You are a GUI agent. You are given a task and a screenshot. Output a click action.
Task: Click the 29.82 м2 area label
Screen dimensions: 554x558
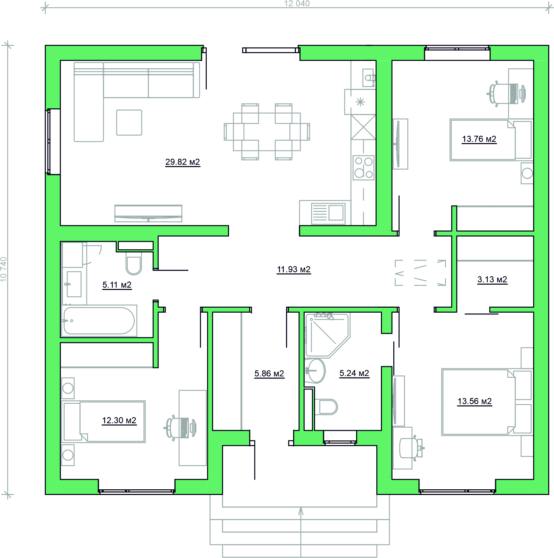(183, 162)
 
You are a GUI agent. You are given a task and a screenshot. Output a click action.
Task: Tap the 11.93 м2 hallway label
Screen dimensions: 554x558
(294, 269)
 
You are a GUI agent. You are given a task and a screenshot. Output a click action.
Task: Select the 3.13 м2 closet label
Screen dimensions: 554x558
(492, 279)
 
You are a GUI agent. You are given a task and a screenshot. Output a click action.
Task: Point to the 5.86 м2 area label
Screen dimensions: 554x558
(269, 374)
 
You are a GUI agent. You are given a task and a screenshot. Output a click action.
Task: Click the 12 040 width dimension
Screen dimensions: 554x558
(297, 4)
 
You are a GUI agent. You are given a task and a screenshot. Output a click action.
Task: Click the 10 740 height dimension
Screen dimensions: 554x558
(4, 269)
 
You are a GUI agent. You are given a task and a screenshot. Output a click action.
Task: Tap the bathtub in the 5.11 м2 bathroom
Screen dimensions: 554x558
(99, 321)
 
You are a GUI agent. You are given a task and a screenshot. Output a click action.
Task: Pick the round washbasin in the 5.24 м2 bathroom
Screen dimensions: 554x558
(316, 371)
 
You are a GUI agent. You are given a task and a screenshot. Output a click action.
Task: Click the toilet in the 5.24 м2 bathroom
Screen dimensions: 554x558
(326, 407)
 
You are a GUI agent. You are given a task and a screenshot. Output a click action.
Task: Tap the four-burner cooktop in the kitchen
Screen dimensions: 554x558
(364, 167)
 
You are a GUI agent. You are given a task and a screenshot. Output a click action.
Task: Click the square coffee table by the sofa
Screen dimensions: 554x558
(129, 123)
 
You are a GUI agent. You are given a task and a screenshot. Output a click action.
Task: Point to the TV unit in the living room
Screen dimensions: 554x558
(148, 213)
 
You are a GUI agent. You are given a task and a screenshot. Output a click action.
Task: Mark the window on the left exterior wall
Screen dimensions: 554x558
(53, 142)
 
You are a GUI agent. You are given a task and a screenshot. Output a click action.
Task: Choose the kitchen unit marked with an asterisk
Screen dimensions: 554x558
(360, 102)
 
